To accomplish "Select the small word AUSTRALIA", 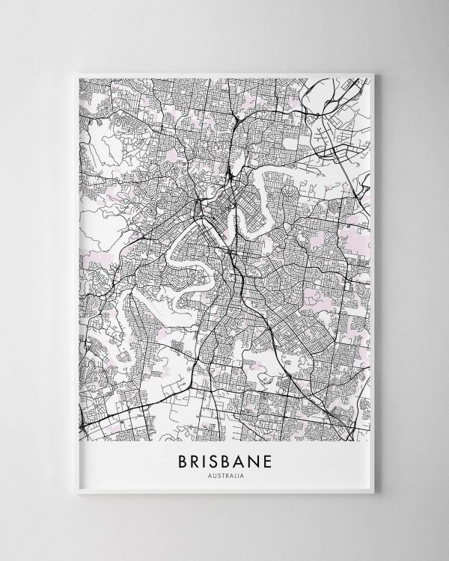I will point(224,476).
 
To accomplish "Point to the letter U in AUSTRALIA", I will point(214,476).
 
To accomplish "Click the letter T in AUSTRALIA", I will point(222,476).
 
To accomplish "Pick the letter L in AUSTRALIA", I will point(233,476).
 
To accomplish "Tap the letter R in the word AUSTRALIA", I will point(225,476).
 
